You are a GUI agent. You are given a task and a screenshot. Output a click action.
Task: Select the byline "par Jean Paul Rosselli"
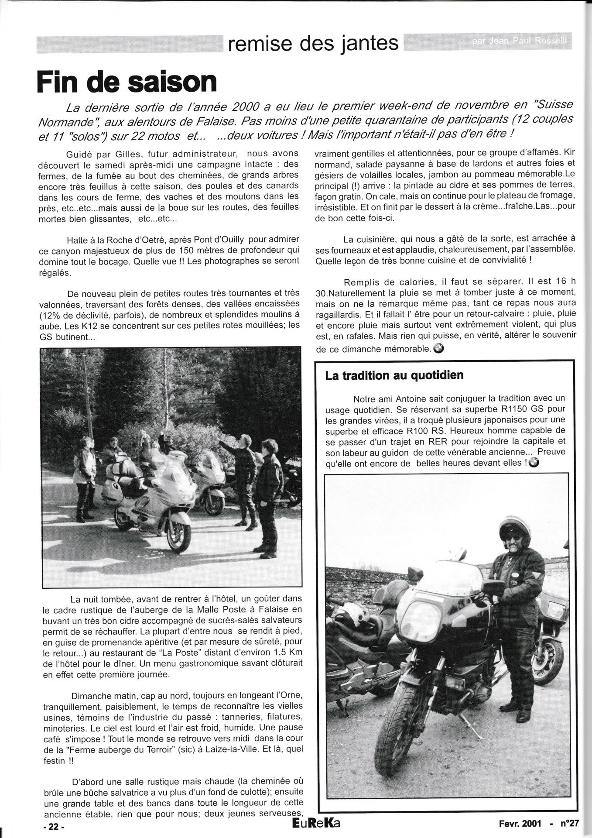pyautogui.click(x=521, y=43)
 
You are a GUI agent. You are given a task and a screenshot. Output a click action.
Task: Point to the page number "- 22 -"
pyautogui.click(x=54, y=826)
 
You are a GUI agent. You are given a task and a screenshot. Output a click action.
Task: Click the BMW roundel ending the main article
pyautogui.click(x=439, y=348)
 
